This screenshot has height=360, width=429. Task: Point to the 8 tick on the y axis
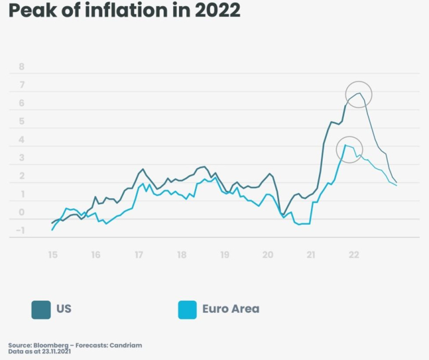tap(22, 67)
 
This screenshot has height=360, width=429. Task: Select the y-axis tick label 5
tap(22, 121)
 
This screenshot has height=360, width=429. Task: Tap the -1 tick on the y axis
tap(21, 230)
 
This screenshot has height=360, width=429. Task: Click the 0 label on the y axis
tap(22, 212)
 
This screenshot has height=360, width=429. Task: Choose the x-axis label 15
tap(52, 254)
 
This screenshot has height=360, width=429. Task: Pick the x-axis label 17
tap(139, 254)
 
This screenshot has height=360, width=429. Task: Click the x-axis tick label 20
tap(268, 254)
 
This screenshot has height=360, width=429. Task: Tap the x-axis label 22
tap(353, 254)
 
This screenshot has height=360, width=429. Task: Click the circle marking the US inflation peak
tap(359, 94)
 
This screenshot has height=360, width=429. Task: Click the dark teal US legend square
tap(41, 309)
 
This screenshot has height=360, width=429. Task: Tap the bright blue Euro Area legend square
tap(187, 309)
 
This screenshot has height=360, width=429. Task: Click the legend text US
tap(64, 309)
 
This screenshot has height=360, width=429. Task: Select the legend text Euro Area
tap(231, 309)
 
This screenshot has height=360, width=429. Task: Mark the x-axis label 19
tap(225, 254)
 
